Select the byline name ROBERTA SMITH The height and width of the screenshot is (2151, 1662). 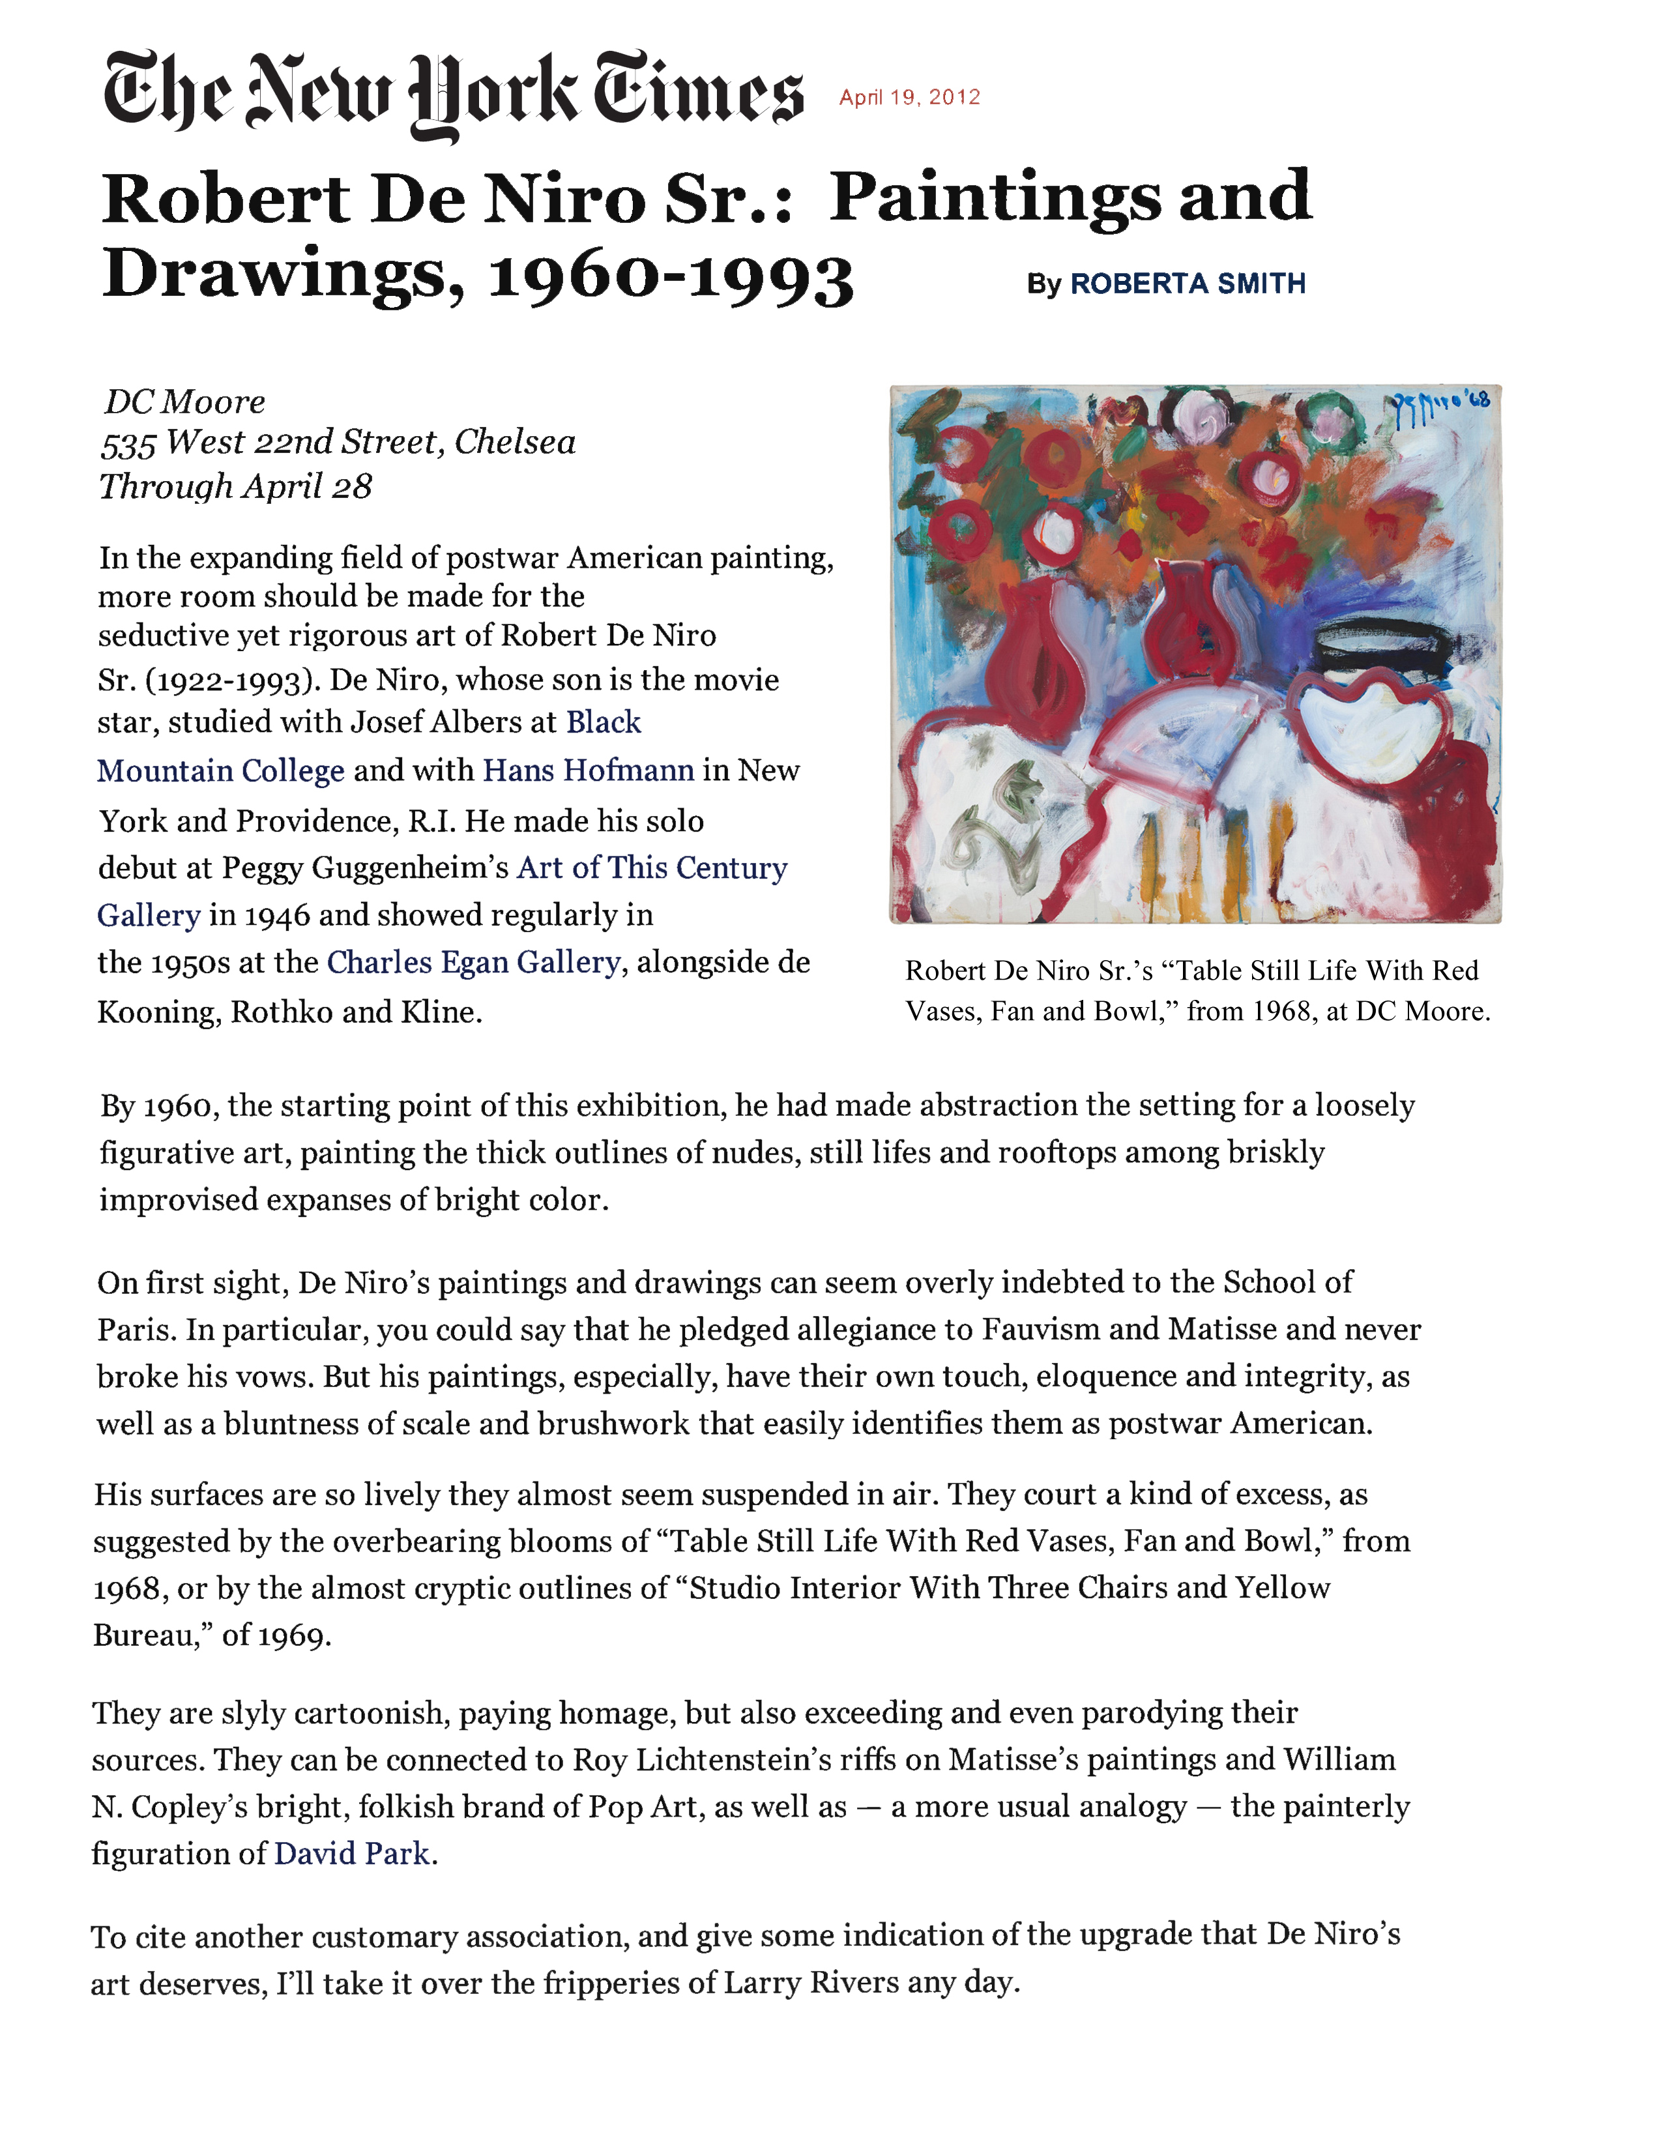[x=1188, y=284]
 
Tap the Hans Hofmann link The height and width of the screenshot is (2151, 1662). [x=588, y=770]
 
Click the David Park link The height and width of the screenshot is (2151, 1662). [x=351, y=1854]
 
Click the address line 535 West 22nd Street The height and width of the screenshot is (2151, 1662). [x=338, y=443]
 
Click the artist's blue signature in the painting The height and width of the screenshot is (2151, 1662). [x=1440, y=406]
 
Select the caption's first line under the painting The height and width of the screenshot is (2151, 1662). [x=1191, y=971]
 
